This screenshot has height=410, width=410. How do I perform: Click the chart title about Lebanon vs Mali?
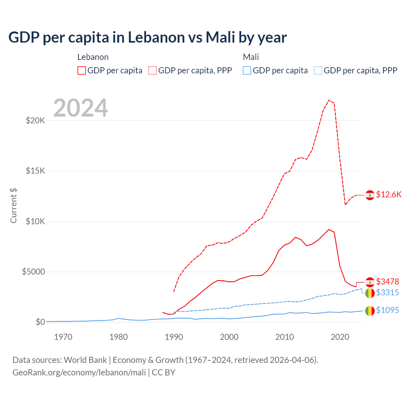click(147, 37)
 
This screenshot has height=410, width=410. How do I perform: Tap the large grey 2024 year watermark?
click(80, 108)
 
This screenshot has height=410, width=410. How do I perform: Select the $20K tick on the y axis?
click(35, 120)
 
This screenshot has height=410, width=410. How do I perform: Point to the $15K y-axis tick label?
click(35, 171)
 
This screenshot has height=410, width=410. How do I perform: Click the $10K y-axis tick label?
click(35, 221)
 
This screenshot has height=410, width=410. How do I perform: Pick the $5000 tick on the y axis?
click(33, 272)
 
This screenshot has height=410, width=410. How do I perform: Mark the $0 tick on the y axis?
click(40, 322)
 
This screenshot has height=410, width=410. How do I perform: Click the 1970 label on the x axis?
click(63, 337)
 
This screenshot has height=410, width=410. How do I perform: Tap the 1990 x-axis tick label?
click(174, 337)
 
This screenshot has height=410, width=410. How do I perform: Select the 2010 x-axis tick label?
click(284, 337)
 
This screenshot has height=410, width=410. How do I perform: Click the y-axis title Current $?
click(13, 206)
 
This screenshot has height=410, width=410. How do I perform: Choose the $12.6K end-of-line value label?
click(389, 195)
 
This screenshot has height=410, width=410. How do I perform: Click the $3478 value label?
click(388, 282)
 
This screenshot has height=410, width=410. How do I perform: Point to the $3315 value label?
click(388, 292)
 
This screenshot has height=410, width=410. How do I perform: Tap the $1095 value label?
click(388, 310)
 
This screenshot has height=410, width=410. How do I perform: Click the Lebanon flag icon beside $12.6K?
click(370, 195)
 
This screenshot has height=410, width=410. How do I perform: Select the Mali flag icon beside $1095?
click(370, 311)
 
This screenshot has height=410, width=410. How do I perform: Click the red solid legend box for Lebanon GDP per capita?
click(82, 70)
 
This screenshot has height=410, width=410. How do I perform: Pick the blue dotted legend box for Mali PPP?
click(318, 70)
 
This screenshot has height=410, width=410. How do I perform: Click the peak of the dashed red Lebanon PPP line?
click(329, 100)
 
